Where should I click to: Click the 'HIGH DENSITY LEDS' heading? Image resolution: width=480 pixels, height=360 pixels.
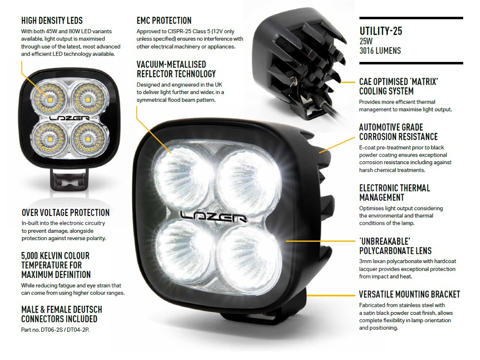tap(52, 21)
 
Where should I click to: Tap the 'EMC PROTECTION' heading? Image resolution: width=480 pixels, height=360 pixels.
tap(164, 21)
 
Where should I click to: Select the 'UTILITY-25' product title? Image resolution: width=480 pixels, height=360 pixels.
tap(381, 32)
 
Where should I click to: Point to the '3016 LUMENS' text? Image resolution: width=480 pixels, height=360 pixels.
tap(380, 50)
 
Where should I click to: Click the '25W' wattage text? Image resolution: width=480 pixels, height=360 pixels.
tap(366, 41)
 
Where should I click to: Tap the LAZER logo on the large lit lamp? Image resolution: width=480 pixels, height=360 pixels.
tap(213, 217)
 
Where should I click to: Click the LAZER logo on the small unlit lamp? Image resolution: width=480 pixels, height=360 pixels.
tap(69, 117)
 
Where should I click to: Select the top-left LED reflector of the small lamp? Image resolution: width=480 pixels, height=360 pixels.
tap(50, 99)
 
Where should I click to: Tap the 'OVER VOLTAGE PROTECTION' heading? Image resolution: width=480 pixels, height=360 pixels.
tap(65, 213)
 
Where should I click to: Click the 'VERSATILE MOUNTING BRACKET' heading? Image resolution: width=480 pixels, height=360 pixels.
tap(409, 294)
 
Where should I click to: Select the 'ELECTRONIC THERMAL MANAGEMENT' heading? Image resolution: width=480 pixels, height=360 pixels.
tap(395, 192)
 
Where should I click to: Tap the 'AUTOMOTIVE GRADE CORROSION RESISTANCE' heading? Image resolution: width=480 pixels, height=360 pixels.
tap(398, 132)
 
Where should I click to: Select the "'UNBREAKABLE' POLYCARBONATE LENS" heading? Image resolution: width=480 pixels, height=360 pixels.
tap(395, 246)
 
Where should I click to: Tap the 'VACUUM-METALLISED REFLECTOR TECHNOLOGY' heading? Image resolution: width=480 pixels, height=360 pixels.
tap(176, 69)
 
